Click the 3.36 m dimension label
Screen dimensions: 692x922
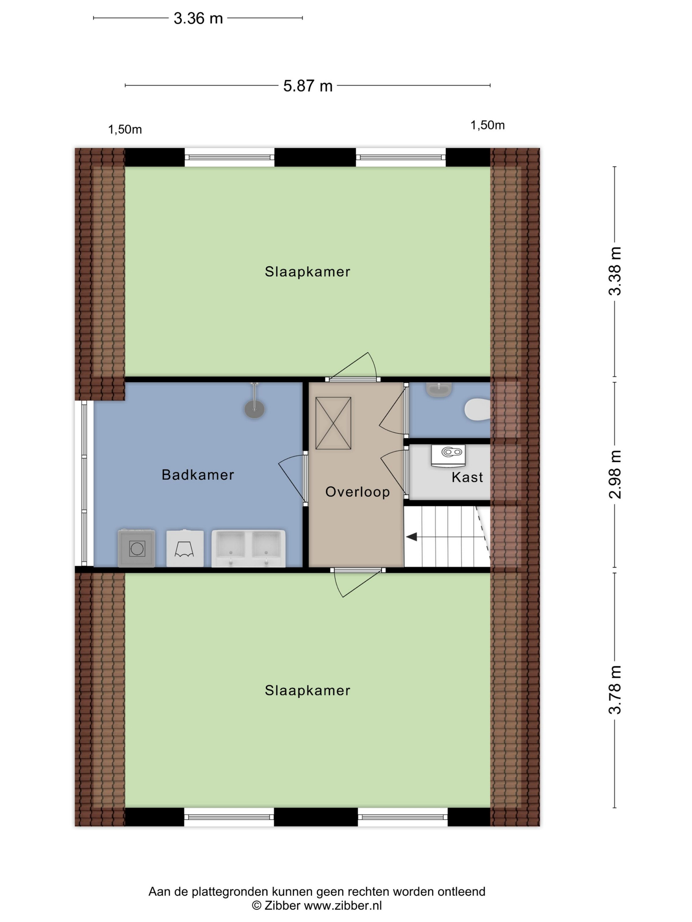tap(198, 18)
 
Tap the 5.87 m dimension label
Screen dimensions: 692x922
tap(308, 86)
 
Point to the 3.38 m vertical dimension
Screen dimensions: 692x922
tap(615, 271)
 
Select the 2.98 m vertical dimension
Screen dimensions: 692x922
tap(615, 475)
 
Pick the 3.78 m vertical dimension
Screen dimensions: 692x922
tap(615, 690)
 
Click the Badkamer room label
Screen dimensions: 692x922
tap(198, 475)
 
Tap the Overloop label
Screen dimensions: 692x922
tap(358, 492)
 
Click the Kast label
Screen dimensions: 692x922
tap(467, 477)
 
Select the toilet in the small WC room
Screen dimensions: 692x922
tap(477, 409)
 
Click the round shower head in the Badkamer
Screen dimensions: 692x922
tap(254, 409)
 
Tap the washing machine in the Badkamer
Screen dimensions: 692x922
tap(137, 548)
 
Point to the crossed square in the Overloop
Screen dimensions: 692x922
tap(333, 423)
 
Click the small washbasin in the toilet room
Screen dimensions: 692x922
tap(439, 390)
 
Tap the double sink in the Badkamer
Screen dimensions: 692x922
tap(248, 549)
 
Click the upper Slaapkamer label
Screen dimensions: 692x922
tap(307, 272)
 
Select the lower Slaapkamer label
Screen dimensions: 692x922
tap(307, 691)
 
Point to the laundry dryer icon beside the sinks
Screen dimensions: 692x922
tap(185, 549)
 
